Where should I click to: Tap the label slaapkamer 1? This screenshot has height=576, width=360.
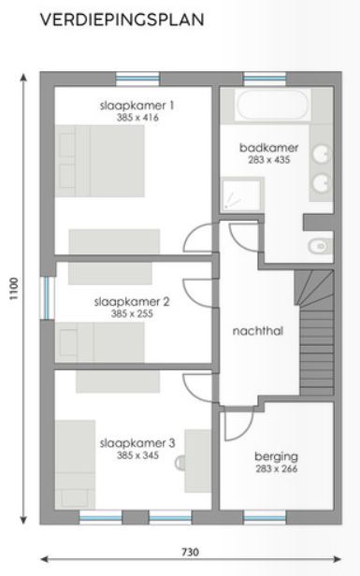pos(137,106)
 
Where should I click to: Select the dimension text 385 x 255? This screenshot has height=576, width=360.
pos(133,314)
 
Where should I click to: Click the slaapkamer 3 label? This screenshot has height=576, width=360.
pos(137,443)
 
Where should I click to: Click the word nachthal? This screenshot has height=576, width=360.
pos(258,330)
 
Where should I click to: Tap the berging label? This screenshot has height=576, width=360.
pos(276,456)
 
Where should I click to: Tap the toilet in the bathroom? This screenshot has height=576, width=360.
pos(319,247)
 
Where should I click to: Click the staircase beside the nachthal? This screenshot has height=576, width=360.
pos(316,326)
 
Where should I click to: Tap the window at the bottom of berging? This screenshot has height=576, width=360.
pos(265,515)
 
